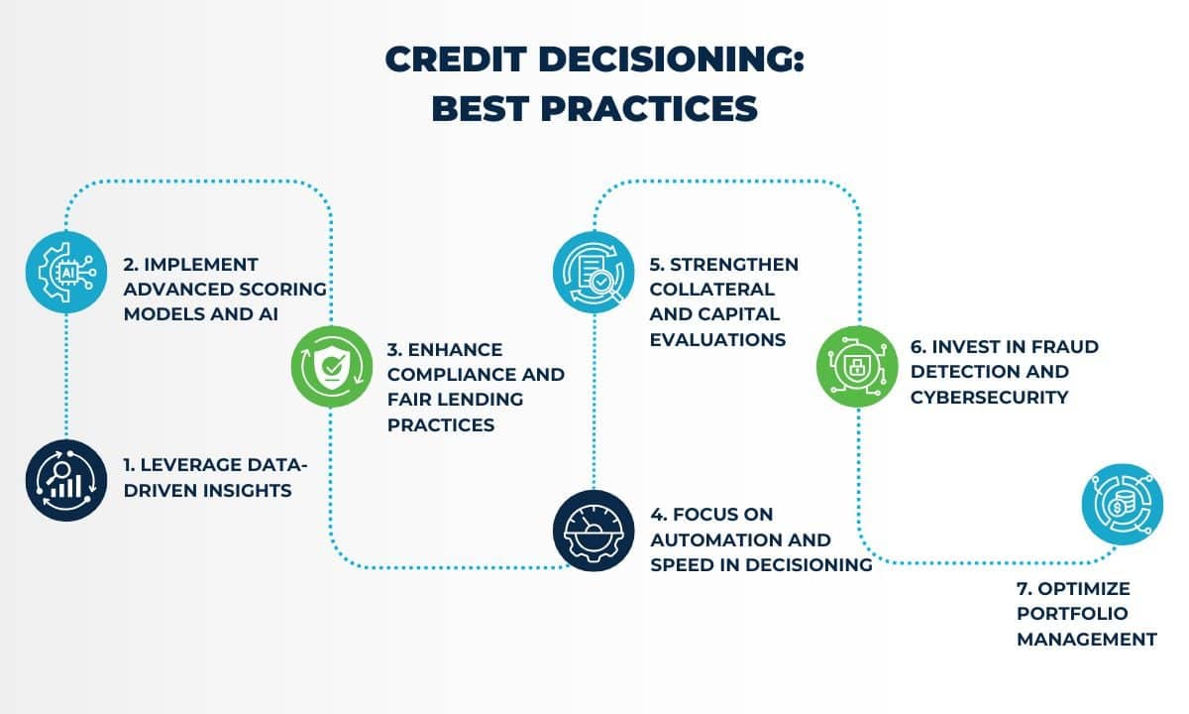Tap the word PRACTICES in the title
648,107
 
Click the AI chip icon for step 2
65,271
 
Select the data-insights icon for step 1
66,480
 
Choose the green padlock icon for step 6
856,366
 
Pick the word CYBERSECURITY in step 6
990,397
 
